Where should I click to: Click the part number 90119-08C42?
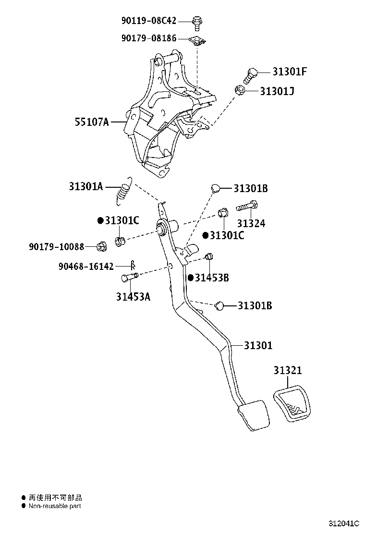[x=148, y=21]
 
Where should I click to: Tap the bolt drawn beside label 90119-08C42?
[x=196, y=21]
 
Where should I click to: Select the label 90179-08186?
[x=148, y=38]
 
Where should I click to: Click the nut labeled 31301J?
[x=241, y=90]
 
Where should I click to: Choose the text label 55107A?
[x=91, y=122]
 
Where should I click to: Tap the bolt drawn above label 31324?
[x=247, y=207]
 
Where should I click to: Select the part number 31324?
[x=250, y=223]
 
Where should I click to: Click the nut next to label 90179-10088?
[x=101, y=247]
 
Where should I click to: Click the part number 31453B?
[x=212, y=278]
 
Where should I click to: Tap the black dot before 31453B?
[x=191, y=278]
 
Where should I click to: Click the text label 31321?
[x=288, y=370]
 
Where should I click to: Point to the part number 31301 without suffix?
[x=257, y=345]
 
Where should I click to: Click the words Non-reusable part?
[x=55, y=506]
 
